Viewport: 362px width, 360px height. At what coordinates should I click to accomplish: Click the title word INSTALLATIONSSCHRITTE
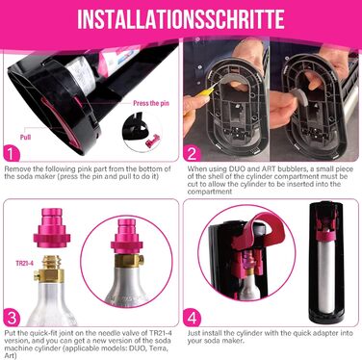(x=180, y=18)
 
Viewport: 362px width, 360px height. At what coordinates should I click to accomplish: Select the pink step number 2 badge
(x=192, y=151)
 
